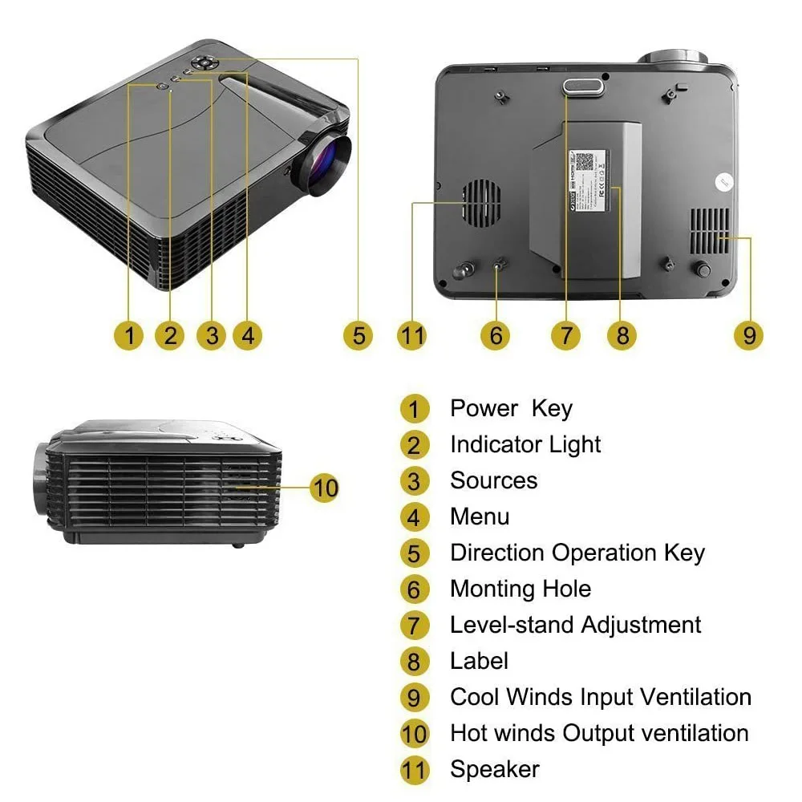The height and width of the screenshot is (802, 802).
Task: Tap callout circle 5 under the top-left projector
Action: click(358, 334)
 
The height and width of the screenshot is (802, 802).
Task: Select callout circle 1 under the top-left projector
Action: click(128, 334)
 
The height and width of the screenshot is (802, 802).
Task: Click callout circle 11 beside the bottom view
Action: click(412, 334)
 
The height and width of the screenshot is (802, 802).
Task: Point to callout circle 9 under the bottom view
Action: click(749, 334)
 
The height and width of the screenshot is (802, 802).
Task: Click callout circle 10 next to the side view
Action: click(325, 487)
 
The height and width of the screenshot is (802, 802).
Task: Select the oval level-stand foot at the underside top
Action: click(583, 87)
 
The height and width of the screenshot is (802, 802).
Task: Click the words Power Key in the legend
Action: click(511, 408)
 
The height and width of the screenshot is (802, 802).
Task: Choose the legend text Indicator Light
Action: click(525, 444)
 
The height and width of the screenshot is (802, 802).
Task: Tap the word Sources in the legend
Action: click(493, 480)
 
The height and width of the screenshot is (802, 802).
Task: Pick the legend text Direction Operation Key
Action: click(577, 553)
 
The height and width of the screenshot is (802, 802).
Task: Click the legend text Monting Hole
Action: click(520, 589)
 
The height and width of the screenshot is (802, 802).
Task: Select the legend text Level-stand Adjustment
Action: click(575, 625)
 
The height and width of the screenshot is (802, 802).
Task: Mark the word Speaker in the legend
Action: click(494, 769)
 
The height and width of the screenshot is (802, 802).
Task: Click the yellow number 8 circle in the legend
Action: click(414, 662)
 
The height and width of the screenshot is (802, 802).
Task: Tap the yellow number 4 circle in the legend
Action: click(414, 517)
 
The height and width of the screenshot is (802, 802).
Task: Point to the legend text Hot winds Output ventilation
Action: click(599, 733)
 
